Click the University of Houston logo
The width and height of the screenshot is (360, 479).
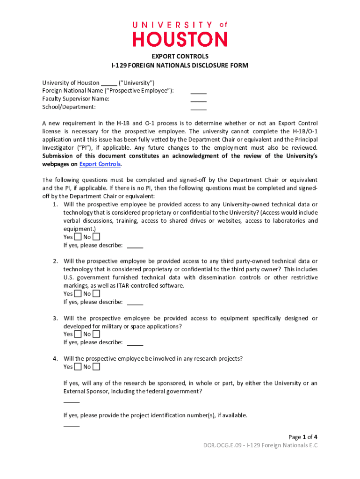click(x=180, y=34)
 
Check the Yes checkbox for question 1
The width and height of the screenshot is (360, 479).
click(x=78, y=237)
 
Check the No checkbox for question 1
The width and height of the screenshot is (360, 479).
click(x=96, y=237)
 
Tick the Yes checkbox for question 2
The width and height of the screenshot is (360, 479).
click(x=78, y=294)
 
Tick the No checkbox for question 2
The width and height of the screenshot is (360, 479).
click(x=96, y=294)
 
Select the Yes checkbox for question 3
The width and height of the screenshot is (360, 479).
click(x=78, y=334)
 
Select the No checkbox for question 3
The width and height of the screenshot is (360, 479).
click(x=96, y=334)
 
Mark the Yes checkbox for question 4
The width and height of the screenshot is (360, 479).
click(x=78, y=367)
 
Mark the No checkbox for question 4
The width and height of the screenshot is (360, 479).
click(x=96, y=367)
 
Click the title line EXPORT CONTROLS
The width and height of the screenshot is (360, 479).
click(x=180, y=57)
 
